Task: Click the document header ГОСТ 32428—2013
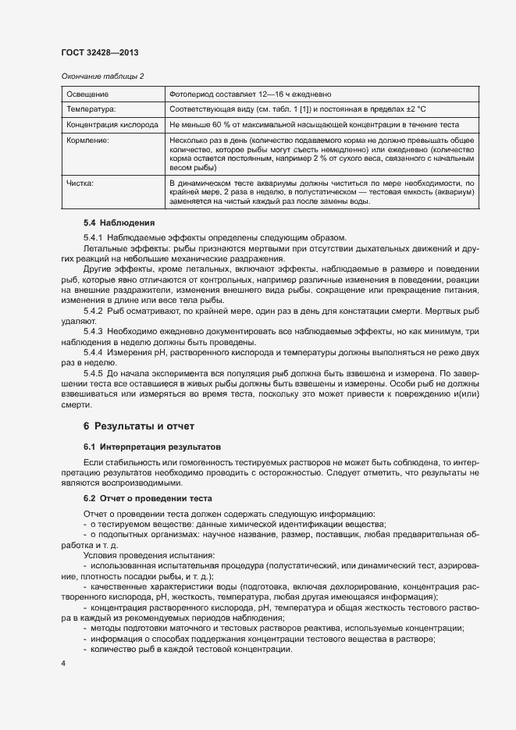99,53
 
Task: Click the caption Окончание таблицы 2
102,76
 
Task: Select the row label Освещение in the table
87,94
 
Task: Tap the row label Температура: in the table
91,109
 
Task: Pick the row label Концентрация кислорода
112,125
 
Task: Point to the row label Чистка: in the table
80,183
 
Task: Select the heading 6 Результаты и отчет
138,426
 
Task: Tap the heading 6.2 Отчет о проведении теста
148,498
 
